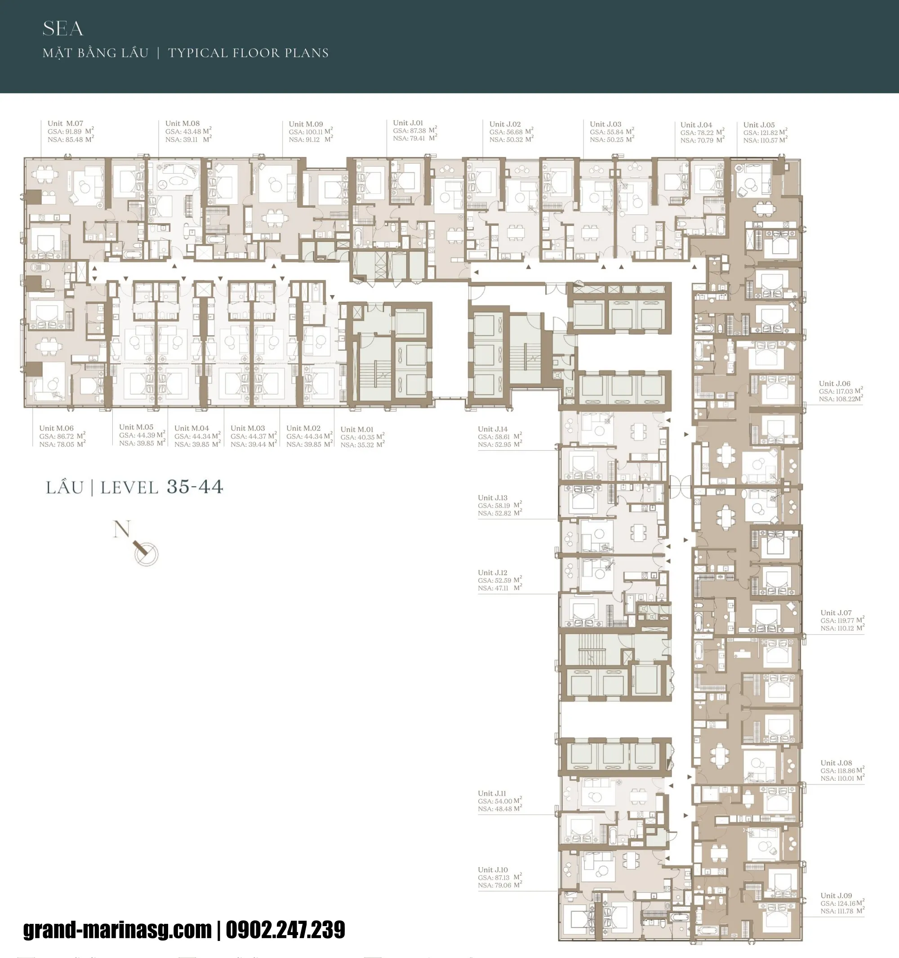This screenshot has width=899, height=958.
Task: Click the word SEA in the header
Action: [x=62, y=29]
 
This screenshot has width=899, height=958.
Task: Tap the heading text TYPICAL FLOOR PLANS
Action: [x=248, y=53]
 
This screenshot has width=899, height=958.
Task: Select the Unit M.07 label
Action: [x=65, y=123]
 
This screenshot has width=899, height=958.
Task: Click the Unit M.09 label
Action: [x=306, y=124]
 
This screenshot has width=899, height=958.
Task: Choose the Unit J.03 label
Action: [x=605, y=124]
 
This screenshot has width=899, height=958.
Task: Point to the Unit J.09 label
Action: [x=836, y=895]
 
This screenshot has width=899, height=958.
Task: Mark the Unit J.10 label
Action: [x=493, y=870]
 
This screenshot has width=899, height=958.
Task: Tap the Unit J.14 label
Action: [x=493, y=429]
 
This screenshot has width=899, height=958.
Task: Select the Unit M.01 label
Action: [x=357, y=430]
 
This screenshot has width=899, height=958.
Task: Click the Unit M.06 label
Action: [x=56, y=428]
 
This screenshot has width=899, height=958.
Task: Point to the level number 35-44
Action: [x=195, y=487]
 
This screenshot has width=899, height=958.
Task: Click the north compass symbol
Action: [x=146, y=552]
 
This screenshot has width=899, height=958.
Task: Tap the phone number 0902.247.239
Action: [x=285, y=930]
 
